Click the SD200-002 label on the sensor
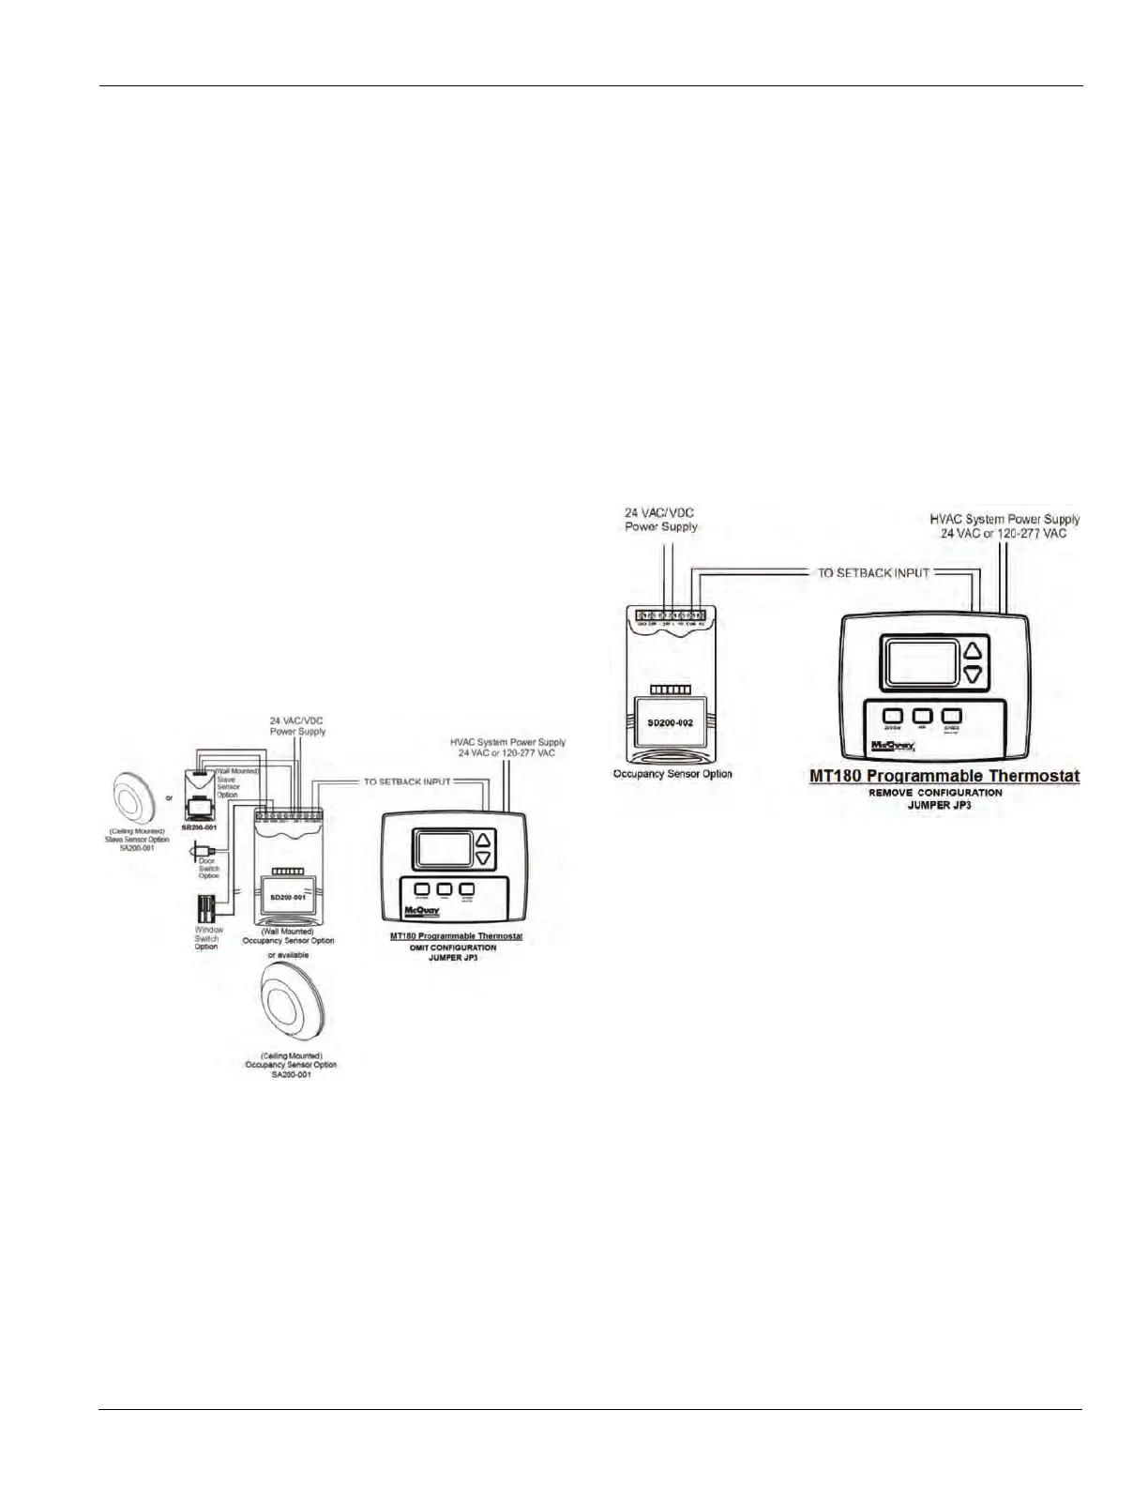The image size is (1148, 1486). click(670, 725)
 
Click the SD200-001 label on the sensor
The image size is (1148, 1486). click(288, 898)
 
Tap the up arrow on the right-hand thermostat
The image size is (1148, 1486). click(973, 649)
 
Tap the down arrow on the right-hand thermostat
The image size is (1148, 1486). click(973, 674)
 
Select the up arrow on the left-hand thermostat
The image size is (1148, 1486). click(483, 841)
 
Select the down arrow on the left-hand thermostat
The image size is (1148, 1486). click(483, 858)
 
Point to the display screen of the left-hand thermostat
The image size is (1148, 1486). click(444, 850)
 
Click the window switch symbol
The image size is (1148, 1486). click(206, 910)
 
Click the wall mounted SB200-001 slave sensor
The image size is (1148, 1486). click(200, 802)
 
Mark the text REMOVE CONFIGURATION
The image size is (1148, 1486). click(945, 793)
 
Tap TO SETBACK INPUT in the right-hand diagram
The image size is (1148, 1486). click(873, 572)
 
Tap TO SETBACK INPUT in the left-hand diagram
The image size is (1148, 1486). click(407, 781)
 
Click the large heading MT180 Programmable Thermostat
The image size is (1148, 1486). click(944, 777)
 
